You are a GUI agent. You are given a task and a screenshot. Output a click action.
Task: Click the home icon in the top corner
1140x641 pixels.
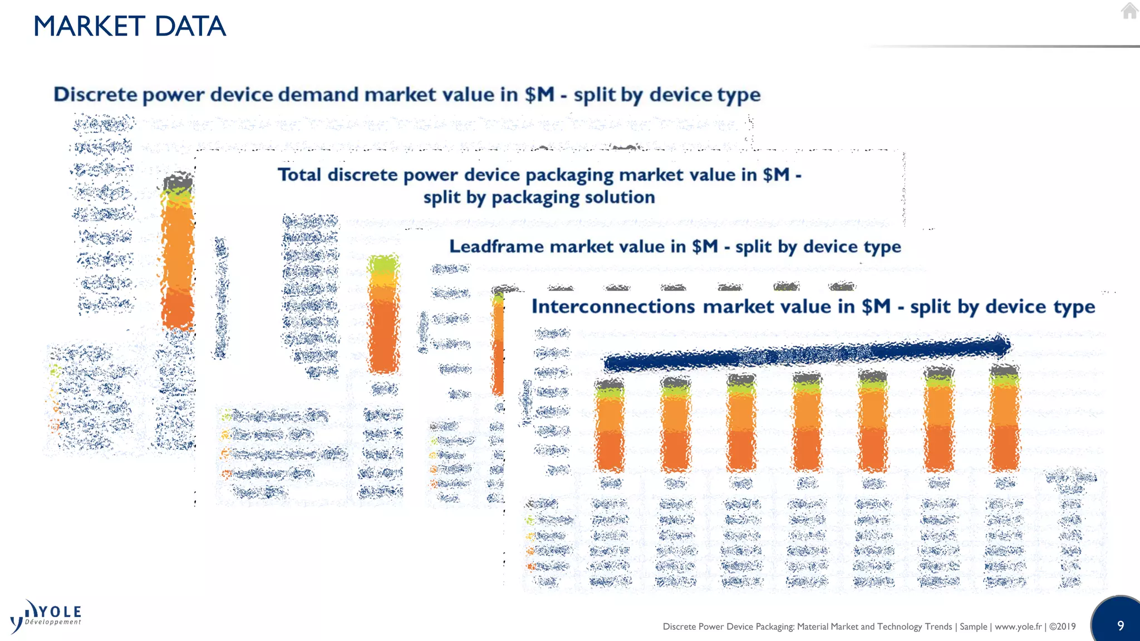pos(1129,11)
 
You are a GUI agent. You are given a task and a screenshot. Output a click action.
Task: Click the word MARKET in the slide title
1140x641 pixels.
pos(89,26)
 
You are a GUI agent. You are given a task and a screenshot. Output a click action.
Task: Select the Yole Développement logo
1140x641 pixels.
pos(46,617)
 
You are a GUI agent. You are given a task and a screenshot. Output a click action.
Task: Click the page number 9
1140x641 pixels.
pos(1121,626)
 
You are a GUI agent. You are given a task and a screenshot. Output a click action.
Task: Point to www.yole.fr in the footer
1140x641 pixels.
pos(1018,627)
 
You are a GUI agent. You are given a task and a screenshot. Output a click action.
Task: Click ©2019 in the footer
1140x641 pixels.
pos(1063,627)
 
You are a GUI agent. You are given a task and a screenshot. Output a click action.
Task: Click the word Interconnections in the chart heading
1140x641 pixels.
pos(613,307)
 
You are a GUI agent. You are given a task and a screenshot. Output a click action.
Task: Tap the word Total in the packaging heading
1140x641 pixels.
pos(299,175)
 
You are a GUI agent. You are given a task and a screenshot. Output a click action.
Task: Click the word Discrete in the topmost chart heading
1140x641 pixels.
pos(95,95)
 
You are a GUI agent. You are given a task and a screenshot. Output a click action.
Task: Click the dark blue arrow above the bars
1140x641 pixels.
pos(807,354)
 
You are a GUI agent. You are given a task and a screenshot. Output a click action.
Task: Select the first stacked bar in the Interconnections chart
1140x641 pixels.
pos(610,425)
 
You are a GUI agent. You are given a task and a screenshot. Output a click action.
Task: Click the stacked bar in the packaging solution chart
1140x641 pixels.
pos(384,314)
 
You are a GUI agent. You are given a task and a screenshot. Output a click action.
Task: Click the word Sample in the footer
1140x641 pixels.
pos(973,627)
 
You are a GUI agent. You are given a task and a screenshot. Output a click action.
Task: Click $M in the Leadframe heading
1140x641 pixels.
pos(705,246)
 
